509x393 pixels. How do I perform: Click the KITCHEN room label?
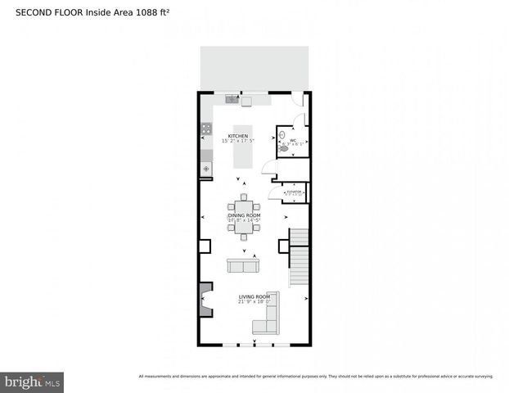tap(238, 136)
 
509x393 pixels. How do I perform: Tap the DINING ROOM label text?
tap(244, 215)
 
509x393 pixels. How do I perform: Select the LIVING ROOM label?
tap(254, 296)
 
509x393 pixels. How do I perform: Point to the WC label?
tap(293, 140)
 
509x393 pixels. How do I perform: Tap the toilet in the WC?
tap(285, 147)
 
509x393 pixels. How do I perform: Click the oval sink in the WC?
tap(283, 132)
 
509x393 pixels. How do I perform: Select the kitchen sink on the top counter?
tap(232, 101)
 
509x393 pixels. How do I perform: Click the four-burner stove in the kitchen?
tap(205, 129)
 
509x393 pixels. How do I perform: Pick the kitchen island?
tap(243, 147)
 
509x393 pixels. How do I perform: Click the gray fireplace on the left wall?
tap(205, 300)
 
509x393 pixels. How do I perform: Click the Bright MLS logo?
tap(32, 382)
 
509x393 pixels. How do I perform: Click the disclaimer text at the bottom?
tap(316, 377)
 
